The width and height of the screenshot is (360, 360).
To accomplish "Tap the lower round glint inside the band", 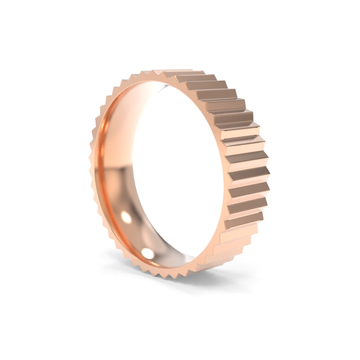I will tap(147, 253).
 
